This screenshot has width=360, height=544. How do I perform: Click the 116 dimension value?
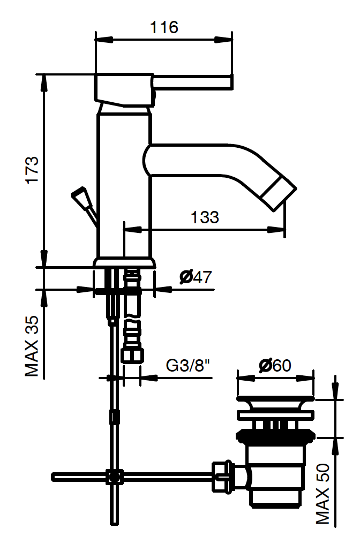click(x=164, y=27)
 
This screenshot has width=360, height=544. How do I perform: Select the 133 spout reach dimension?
click(x=205, y=217)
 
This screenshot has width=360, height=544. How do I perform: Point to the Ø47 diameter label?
click(x=196, y=277)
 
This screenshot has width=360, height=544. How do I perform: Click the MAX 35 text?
click(x=32, y=346)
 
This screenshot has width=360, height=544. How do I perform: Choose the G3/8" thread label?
click(x=188, y=365)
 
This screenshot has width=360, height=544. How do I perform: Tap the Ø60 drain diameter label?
click(x=275, y=365)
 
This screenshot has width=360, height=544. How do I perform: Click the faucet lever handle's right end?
click(x=231, y=82)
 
